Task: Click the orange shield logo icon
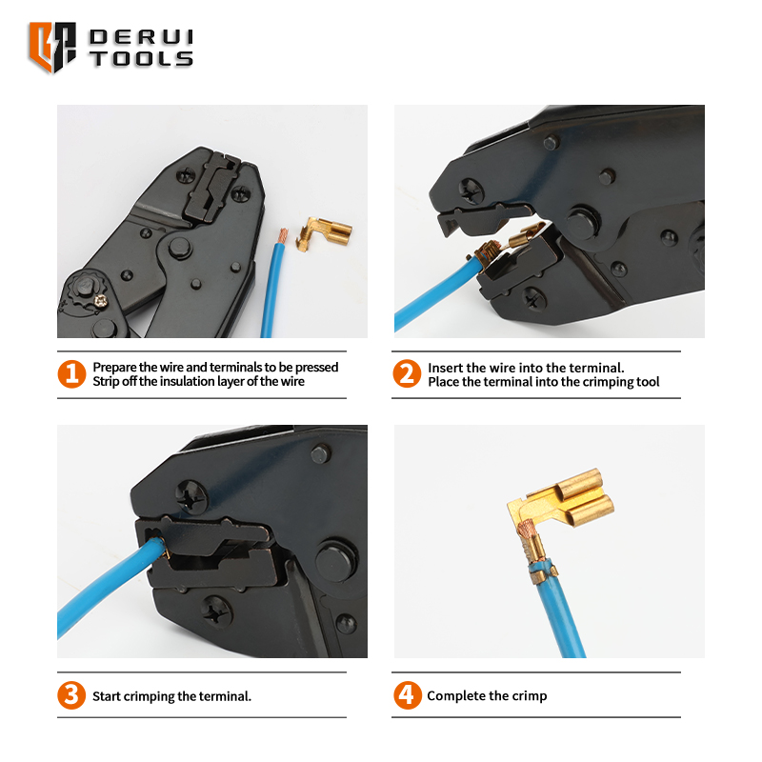coord(52,47)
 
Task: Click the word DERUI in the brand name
coord(141,37)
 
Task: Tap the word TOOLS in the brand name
coord(142,58)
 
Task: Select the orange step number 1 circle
coord(72,373)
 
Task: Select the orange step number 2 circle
coord(407,373)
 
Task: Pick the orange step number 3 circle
coord(71,695)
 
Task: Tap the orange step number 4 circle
coord(408,695)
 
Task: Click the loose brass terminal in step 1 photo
coord(324,232)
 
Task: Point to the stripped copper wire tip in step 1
coord(282,236)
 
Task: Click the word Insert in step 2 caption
coord(444,368)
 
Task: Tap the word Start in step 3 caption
coord(107,696)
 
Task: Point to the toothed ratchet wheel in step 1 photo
coord(85,291)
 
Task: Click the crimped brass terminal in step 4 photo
coord(560,520)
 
